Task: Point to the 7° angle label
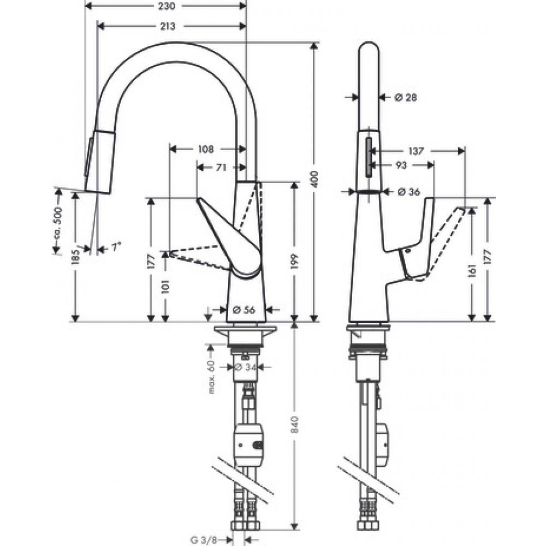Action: click(115, 247)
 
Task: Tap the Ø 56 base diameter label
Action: click(245, 310)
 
